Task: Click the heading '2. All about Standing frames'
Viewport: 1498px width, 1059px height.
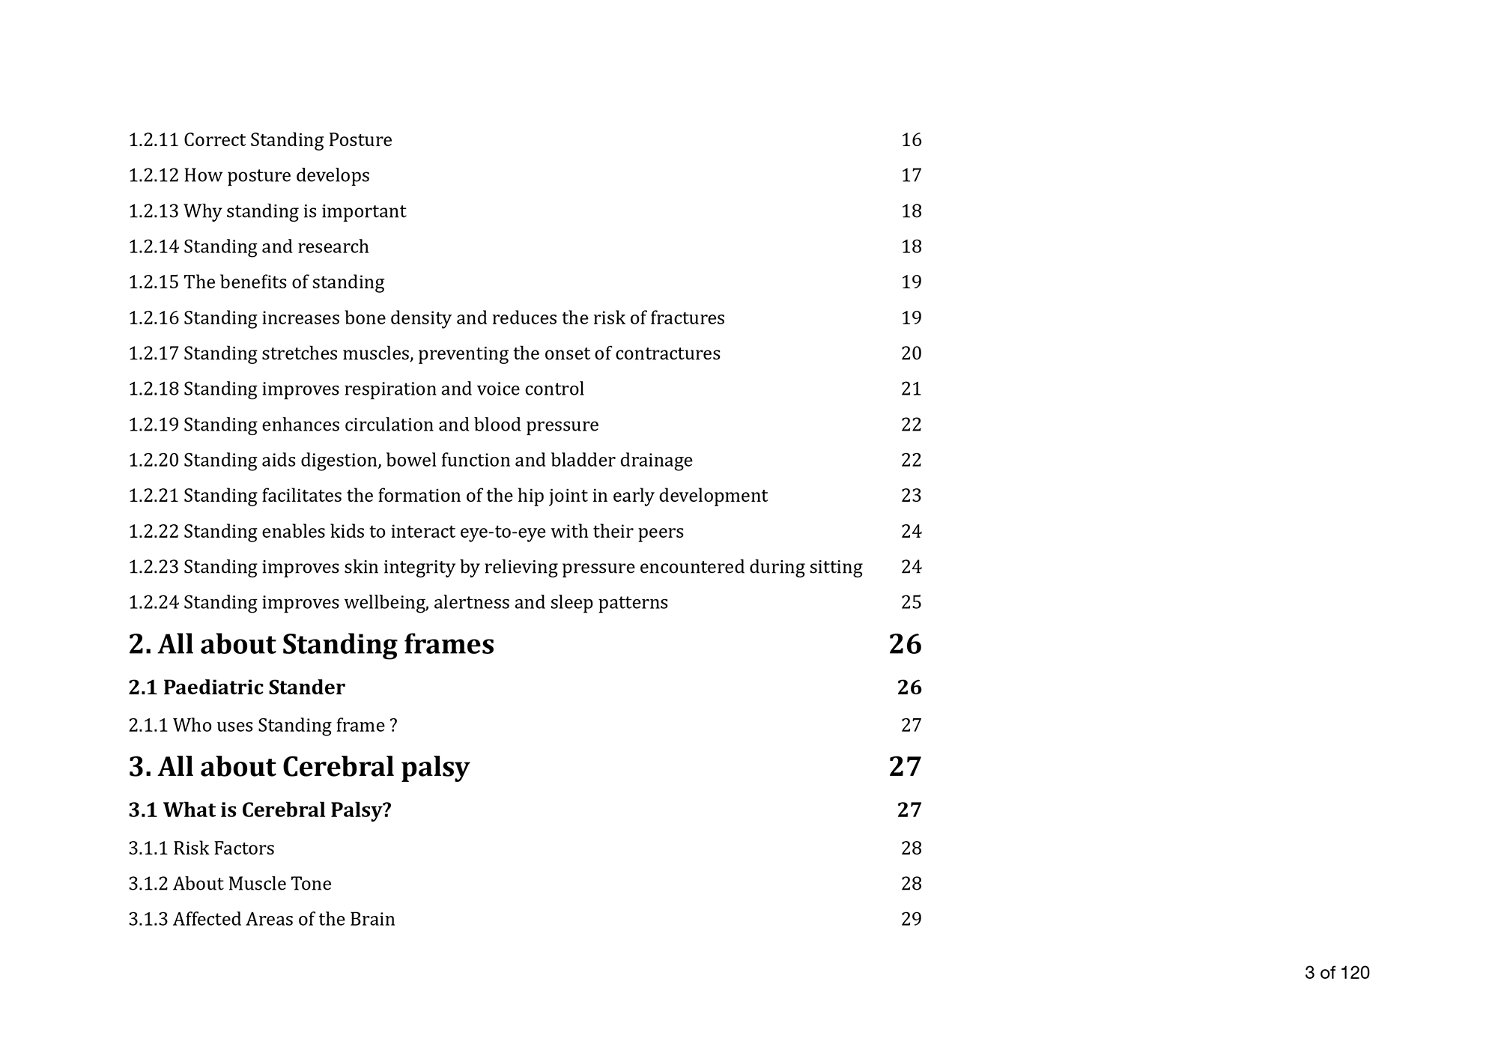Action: tap(311, 645)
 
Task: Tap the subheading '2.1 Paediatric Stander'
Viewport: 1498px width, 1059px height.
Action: tap(236, 688)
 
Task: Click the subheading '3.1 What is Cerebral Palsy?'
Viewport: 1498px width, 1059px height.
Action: tap(259, 810)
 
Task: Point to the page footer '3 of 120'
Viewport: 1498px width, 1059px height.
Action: tap(1336, 973)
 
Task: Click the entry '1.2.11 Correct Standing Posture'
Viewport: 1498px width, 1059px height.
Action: tap(260, 141)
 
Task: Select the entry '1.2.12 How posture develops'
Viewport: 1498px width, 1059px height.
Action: tap(249, 176)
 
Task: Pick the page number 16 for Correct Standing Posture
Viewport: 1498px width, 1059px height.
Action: tap(911, 141)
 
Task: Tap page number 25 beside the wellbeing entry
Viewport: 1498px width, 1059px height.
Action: tap(911, 603)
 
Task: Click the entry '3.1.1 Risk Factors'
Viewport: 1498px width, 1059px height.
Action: tap(201, 849)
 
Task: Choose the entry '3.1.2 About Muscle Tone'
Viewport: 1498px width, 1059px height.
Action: tap(229, 884)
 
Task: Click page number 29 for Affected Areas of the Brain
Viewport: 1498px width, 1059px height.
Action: tap(911, 920)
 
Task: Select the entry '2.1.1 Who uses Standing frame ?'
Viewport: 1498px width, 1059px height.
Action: tap(262, 726)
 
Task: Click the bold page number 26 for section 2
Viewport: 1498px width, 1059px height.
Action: tap(905, 645)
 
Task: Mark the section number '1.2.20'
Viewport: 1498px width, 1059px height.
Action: tap(154, 461)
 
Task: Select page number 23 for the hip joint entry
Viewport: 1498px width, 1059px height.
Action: tap(911, 496)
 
